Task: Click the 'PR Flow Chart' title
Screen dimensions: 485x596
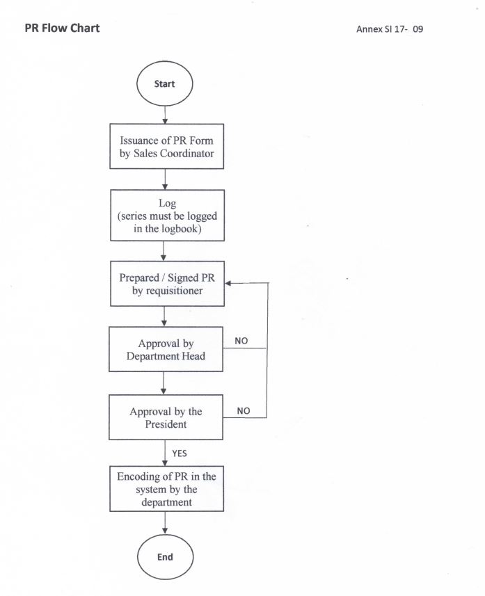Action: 62,28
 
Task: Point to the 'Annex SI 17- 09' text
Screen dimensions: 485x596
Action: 390,29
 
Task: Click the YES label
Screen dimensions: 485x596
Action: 180,453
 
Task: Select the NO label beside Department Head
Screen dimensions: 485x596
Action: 241,341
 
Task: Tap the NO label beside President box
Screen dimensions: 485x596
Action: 244,411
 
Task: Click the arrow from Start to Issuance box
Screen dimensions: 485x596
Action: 165,115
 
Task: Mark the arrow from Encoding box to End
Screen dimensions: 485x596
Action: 165,523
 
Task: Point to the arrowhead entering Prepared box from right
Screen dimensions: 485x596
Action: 228,283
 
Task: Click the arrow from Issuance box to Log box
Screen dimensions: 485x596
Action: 165,179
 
